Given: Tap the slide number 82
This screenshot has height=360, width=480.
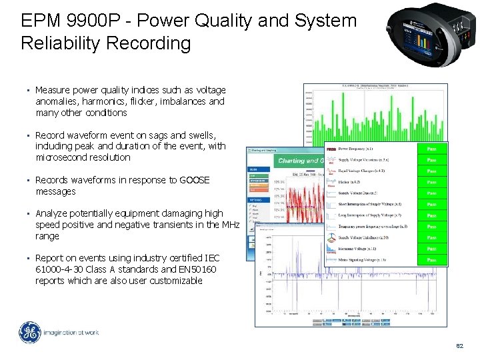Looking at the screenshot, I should click(x=459, y=347).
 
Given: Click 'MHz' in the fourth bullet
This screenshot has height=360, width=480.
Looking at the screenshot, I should click(x=230, y=225).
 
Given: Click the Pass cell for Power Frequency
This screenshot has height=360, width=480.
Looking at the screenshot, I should click(x=431, y=149).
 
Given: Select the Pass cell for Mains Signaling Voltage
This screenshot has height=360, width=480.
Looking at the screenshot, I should click(x=431, y=260).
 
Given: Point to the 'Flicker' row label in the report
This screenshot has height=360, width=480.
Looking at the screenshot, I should click(x=350, y=182).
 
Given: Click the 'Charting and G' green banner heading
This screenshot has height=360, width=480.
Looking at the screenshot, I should click(x=300, y=161).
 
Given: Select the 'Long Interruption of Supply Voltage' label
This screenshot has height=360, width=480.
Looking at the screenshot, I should click(x=369, y=215).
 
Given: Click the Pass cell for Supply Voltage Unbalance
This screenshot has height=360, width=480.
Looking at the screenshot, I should click(x=431, y=238).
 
